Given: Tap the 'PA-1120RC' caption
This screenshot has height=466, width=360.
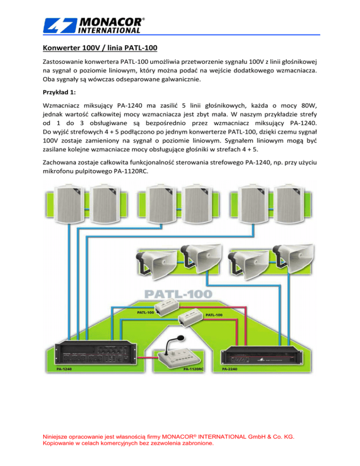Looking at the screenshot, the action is [193, 369].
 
